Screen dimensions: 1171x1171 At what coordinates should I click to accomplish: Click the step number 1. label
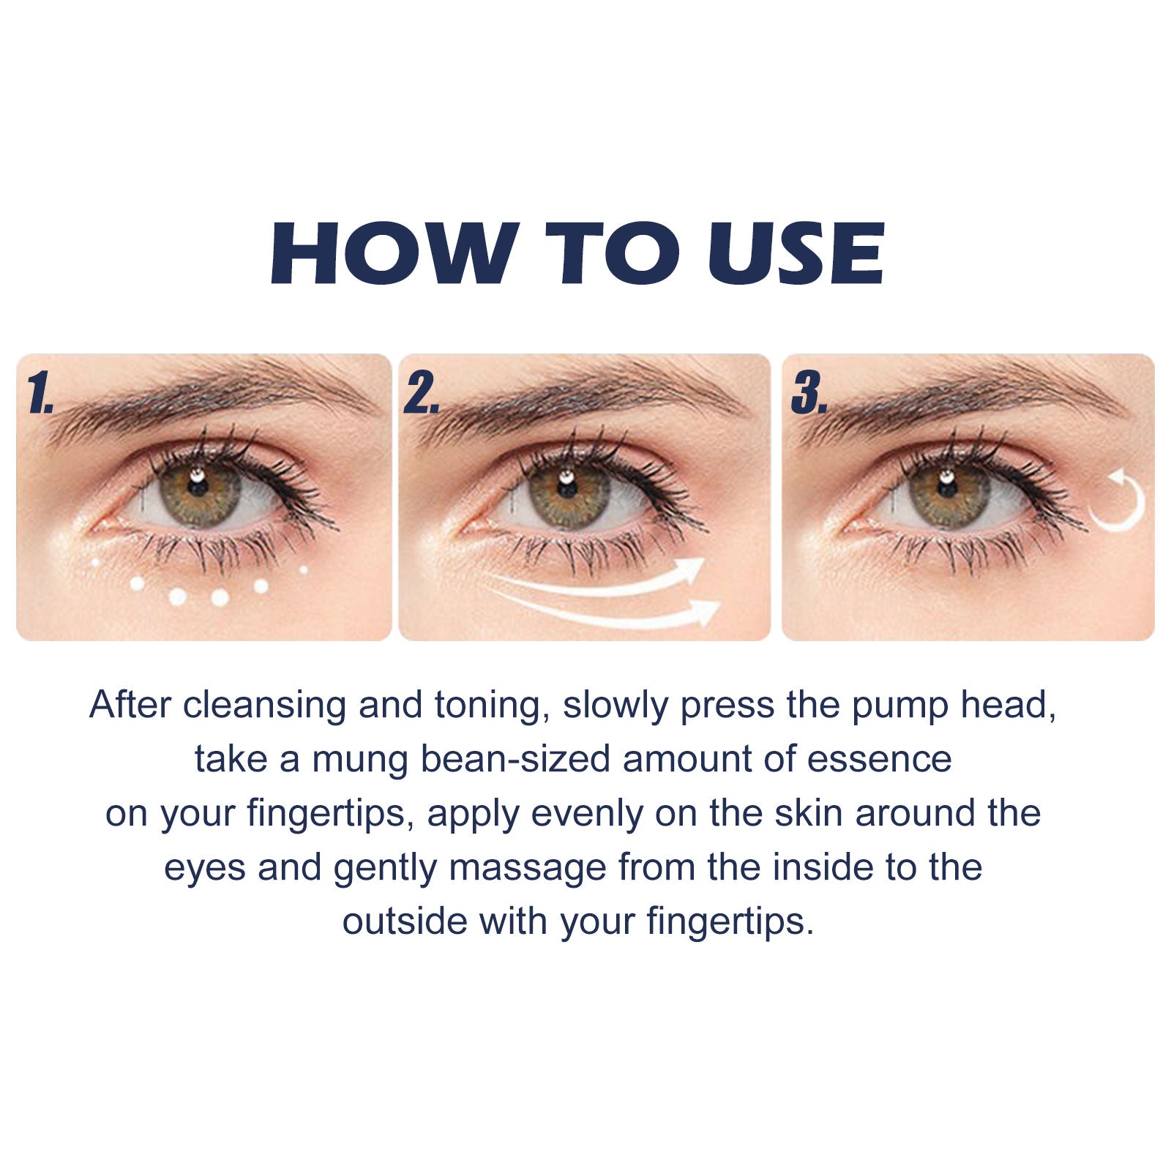(x=40, y=394)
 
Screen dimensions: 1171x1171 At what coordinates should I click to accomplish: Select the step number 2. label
(x=422, y=394)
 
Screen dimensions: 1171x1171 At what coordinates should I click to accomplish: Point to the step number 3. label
(x=809, y=394)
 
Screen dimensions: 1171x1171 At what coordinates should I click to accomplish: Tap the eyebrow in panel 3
(x=966, y=399)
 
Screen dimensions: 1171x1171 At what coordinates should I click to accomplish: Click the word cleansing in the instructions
(x=264, y=706)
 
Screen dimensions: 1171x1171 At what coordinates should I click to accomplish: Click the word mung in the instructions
(x=359, y=759)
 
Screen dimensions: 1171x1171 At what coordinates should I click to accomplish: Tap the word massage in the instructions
(x=527, y=868)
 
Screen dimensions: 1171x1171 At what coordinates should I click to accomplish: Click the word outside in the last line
(x=405, y=921)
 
